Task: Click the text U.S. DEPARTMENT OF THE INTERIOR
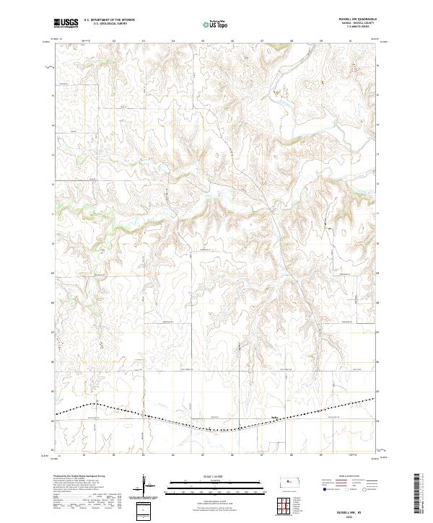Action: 110,20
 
